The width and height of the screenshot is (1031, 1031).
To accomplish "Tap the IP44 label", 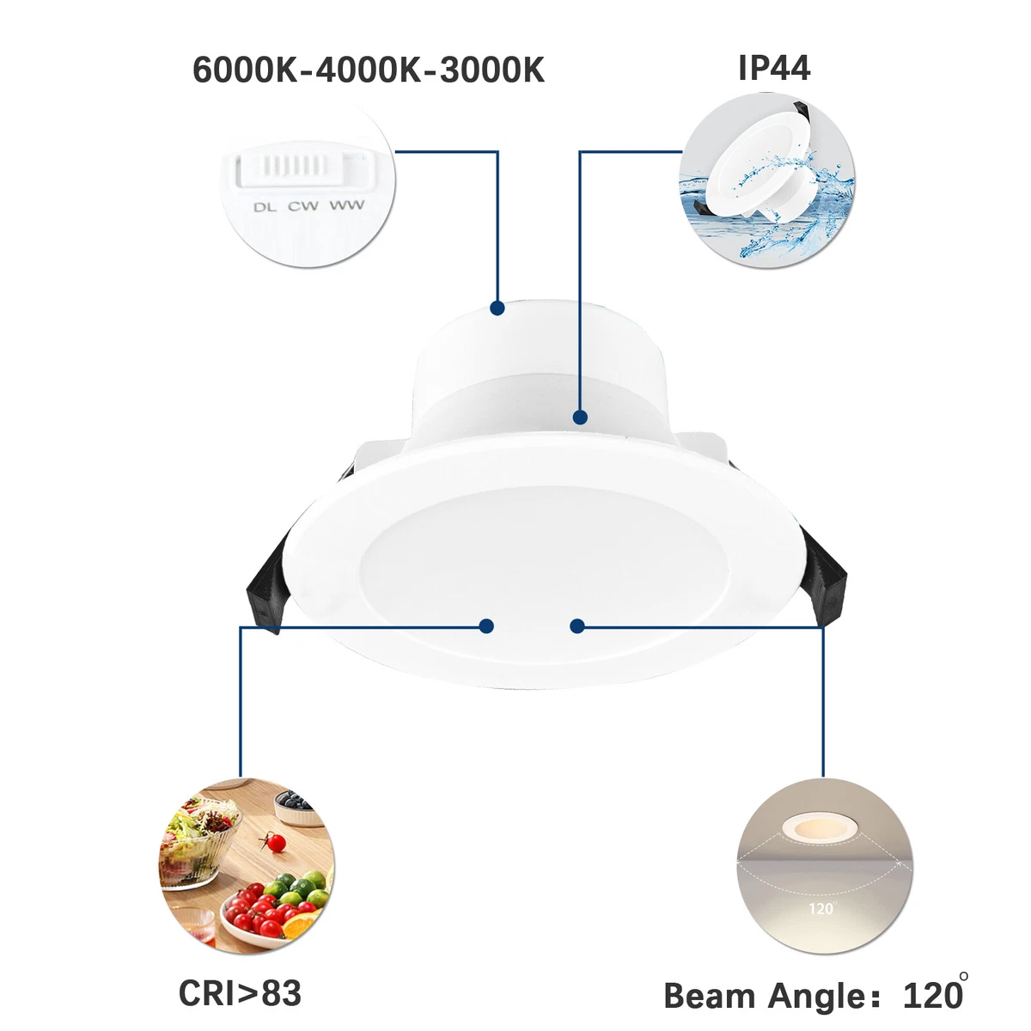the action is [773, 68].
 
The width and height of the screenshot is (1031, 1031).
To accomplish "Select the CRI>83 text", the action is [240, 993].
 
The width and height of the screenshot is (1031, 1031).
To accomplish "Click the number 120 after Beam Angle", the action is [931, 996].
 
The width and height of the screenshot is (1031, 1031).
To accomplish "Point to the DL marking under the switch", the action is [265, 207].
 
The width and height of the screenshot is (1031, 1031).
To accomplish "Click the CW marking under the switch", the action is [302, 206].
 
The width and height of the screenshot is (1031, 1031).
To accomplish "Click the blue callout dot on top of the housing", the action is [497, 308].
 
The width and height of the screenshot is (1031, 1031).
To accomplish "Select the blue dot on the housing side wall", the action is [580, 418].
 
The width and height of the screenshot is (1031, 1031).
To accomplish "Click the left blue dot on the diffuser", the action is [486, 625].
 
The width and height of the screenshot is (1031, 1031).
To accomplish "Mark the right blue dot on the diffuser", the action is [577, 626].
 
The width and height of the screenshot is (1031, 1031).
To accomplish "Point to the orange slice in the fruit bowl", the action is [300, 925].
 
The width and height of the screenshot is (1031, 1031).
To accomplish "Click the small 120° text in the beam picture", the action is [821, 907].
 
